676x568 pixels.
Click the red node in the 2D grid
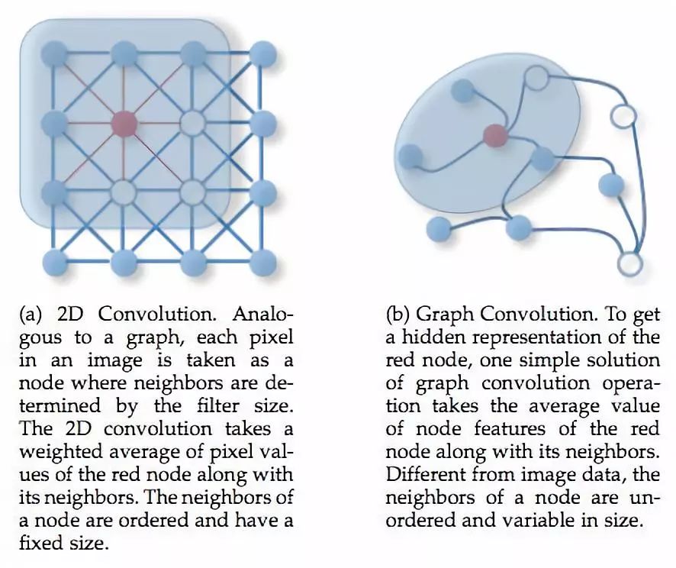(x=124, y=122)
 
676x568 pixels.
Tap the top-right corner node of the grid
(x=263, y=53)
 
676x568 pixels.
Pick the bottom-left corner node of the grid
(x=54, y=262)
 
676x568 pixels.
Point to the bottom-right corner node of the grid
(x=263, y=262)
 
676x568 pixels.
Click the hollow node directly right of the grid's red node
(x=193, y=122)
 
